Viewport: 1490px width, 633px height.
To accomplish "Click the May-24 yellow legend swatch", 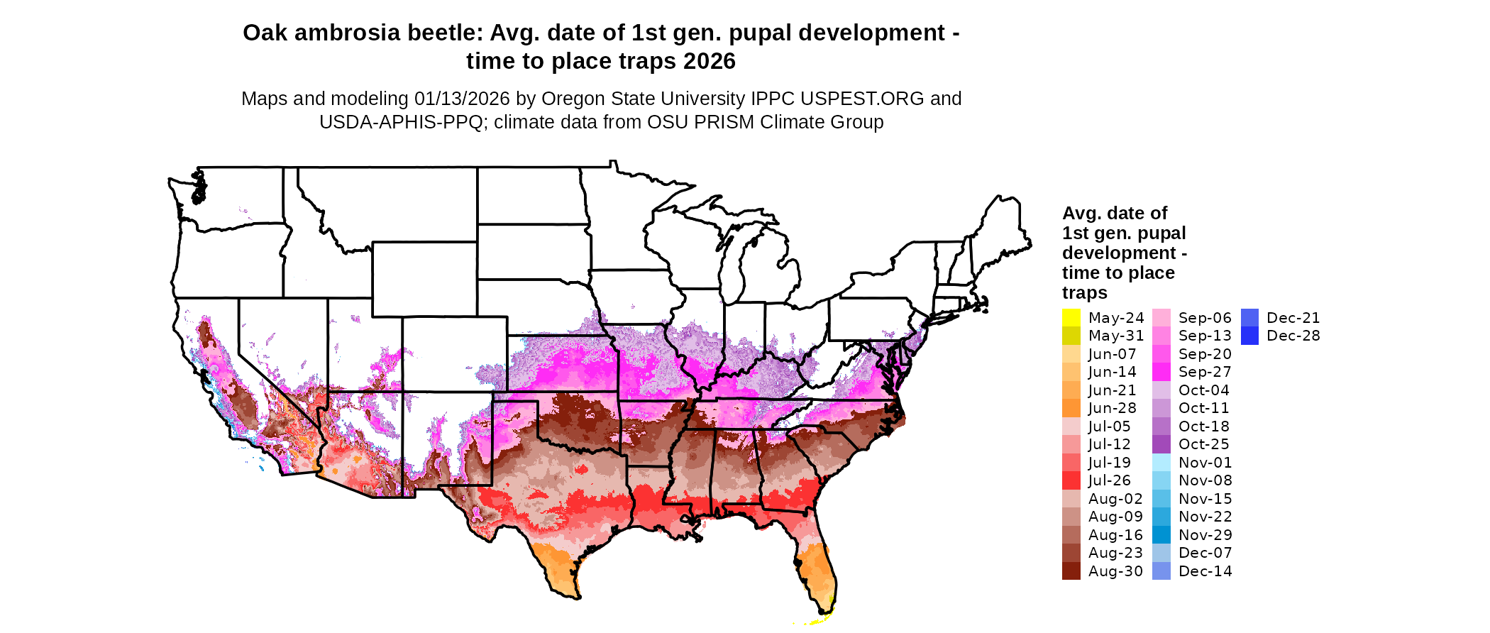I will click(1071, 318).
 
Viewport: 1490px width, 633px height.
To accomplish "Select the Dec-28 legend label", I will click(1293, 336).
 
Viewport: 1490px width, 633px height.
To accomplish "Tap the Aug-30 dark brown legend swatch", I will click(1071, 571).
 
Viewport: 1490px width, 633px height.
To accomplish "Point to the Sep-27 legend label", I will click(1205, 372).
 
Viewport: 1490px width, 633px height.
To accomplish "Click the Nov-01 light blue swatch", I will click(1161, 463).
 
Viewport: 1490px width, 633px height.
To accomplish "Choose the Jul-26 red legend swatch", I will click(1071, 480).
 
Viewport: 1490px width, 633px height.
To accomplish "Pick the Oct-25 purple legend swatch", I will click(1161, 444).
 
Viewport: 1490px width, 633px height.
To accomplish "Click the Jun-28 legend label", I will click(1112, 408).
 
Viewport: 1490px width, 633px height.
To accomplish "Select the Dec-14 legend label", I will click(1205, 571).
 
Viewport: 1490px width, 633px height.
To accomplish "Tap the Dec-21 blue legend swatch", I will click(1249, 318).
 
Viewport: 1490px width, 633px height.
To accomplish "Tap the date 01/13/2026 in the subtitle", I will click(462, 99).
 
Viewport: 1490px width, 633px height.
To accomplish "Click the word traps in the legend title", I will click(1084, 292).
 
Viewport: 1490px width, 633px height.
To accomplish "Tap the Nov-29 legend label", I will click(1205, 535).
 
